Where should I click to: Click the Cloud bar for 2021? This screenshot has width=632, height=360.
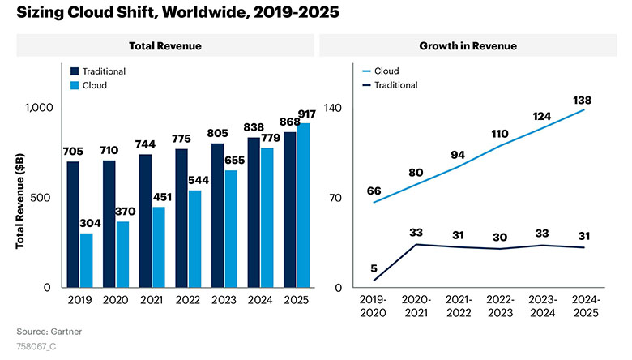point(160,246)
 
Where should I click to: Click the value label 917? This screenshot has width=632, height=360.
point(306,112)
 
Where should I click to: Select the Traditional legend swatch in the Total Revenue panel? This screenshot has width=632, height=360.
point(74,71)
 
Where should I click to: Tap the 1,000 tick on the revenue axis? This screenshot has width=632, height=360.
point(39,108)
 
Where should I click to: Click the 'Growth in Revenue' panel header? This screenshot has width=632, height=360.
point(468,46)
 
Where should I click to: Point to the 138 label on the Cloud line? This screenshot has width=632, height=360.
point(582,101)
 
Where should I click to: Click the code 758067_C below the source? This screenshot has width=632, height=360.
point(36,346)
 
